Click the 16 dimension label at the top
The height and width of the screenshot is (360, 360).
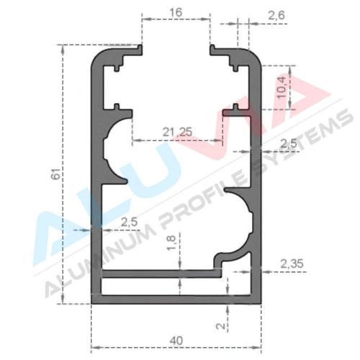176,12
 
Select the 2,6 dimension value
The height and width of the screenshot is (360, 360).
276,15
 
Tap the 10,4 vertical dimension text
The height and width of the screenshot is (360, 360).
282,87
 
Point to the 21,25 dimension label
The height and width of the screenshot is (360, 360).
177,132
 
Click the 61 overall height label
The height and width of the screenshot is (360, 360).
56,174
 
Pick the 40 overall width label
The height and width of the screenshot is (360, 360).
176,341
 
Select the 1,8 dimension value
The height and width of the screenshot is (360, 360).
172,243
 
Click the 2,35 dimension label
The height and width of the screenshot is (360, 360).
292,264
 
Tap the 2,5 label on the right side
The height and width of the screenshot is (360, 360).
289,144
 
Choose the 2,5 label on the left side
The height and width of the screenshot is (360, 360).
129,222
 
